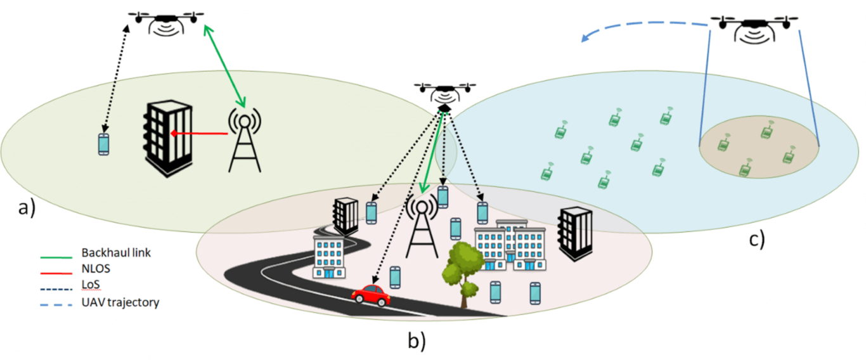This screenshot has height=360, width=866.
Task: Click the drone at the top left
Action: [x=167, y=22]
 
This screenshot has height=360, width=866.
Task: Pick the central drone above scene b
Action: [x=444, y=93]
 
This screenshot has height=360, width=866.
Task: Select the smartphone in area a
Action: [x=103, y=145]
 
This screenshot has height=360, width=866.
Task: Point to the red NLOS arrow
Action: [x=200, y=134]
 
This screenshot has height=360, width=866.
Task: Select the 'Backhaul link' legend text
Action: [x=117, y=253]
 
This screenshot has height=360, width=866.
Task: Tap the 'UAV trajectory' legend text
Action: [x=120, y=302]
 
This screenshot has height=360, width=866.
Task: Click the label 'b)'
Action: [x=416, y=340]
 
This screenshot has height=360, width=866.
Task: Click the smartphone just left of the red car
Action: [x=395, y=277]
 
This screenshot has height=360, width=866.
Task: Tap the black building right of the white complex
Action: [x=574, y=234]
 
